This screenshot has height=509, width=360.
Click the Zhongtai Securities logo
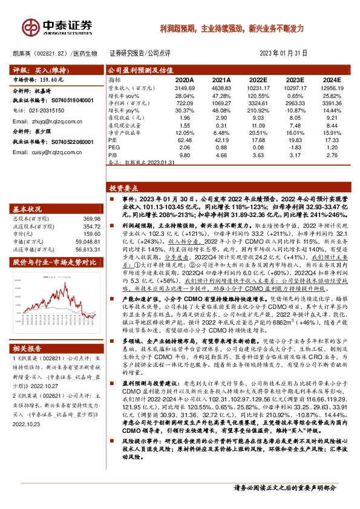(x=58, y=26)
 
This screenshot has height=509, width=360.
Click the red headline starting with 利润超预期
(x=232, y=28)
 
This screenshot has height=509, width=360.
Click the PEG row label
(x=114, y=147)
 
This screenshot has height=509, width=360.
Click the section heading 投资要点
(x=123, y=189)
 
